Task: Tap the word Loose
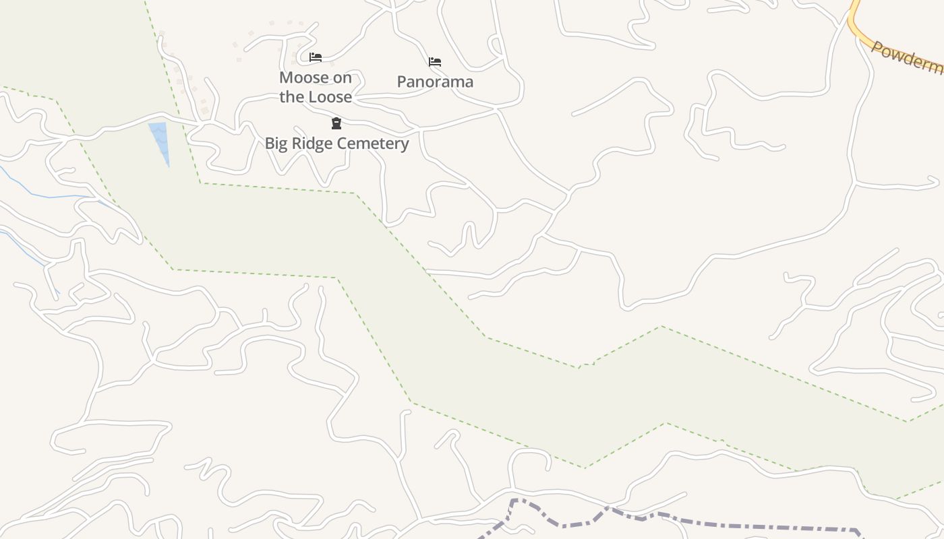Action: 330,97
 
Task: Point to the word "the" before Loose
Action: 291,97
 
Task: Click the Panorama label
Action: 435,82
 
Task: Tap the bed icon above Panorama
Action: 435,62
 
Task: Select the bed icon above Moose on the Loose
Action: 315,57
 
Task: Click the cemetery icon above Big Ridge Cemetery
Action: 336,123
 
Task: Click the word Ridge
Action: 312,144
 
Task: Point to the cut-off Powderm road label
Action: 906,59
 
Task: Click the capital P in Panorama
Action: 401,82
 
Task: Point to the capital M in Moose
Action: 286,77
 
